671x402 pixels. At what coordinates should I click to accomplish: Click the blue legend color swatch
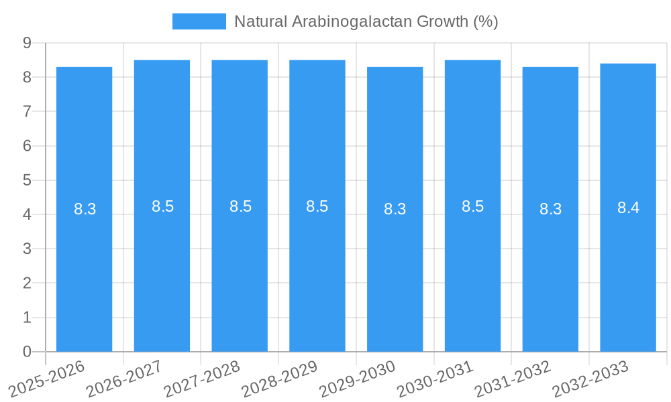199,21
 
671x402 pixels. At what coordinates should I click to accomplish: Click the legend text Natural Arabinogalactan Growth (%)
366,21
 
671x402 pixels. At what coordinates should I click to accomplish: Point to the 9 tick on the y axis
28,43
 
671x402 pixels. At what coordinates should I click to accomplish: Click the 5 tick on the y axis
28,180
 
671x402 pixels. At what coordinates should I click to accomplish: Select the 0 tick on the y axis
28,352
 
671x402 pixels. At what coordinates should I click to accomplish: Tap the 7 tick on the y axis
28,111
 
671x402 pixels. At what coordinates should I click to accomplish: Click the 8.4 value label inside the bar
628,208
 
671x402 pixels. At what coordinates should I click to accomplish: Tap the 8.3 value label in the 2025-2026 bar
85,209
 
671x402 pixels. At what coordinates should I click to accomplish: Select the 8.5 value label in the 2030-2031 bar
472,206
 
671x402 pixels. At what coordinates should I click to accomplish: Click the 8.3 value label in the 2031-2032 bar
550,209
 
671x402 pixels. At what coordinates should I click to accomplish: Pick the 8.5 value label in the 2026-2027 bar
162,206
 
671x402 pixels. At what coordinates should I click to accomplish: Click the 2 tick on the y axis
28,283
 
